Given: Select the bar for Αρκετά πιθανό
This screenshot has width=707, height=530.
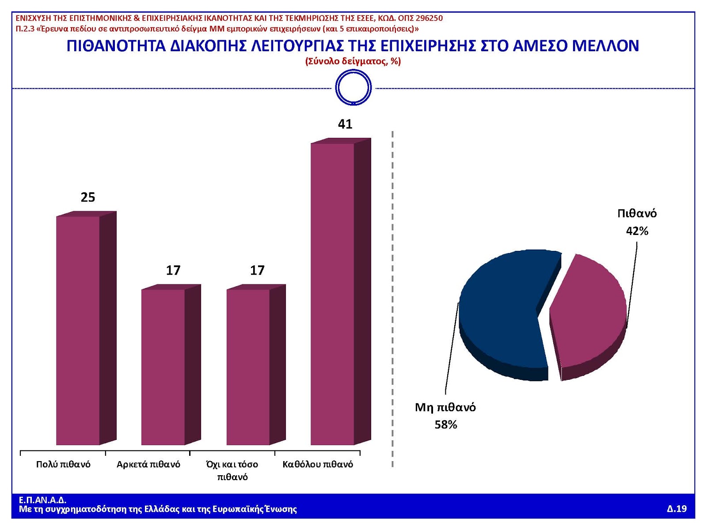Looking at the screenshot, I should pos(163,367).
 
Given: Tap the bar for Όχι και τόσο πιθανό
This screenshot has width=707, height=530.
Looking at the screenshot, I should pos(248,367).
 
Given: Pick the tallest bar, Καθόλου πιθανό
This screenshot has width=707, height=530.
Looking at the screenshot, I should pos(333,294).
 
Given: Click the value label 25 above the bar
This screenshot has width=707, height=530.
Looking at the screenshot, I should pos(87,197).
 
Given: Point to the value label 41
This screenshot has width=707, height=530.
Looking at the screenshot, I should pos(345,124).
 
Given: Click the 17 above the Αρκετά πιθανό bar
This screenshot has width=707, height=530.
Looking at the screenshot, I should pos(173,270).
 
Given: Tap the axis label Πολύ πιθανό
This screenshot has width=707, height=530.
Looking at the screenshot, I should pos(63,464).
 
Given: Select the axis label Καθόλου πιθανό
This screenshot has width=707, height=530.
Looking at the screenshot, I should pos(318,464).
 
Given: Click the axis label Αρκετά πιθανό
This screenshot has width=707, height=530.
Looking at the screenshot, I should pos(148,464).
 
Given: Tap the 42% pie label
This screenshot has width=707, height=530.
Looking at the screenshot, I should pos(637,231).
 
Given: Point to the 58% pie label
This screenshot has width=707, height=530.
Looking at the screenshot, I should pos(445,424).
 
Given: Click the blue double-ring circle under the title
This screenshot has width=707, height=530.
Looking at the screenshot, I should pos(353,87).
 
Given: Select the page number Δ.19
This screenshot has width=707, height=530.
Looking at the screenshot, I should pos(677,509).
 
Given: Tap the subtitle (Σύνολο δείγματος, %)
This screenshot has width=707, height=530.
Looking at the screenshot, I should pos(353,61).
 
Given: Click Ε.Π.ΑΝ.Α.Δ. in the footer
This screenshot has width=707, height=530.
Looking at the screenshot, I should pos(42,500).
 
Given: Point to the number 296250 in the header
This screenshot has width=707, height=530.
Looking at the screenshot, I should pos(429,18).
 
